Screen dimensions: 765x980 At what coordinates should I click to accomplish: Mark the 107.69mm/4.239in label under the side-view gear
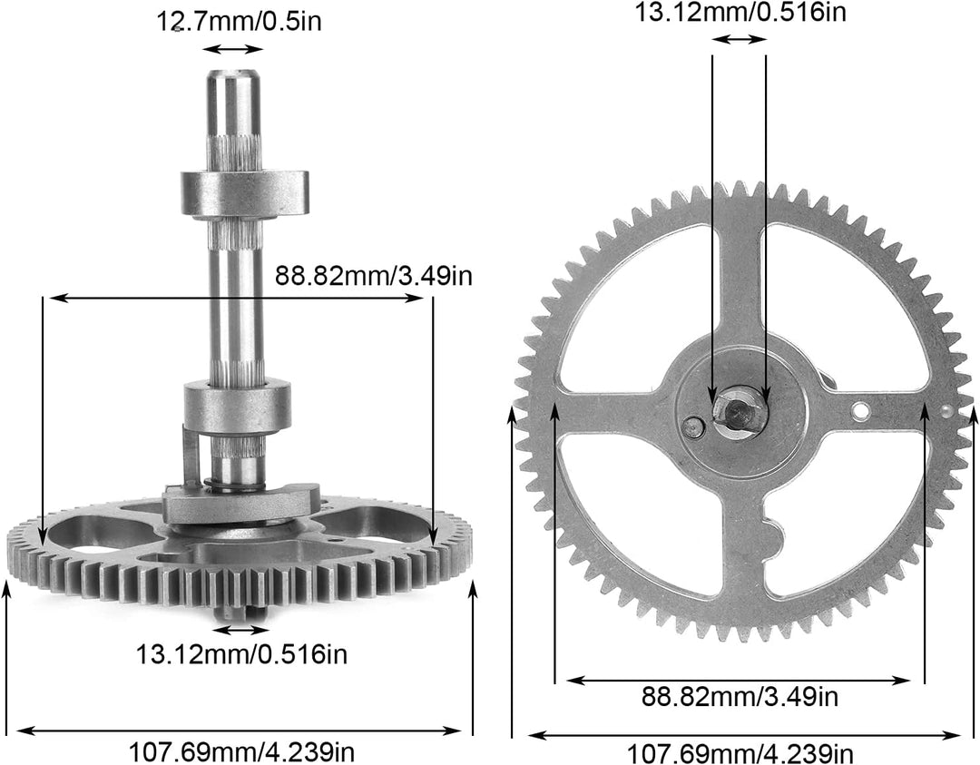click(241, 751)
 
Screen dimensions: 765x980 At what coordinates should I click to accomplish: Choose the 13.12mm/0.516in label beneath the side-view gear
click(241, 652)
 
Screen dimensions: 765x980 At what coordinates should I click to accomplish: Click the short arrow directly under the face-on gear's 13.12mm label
click(740, 39)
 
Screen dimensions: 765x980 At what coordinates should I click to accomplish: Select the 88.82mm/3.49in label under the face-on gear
click(740, 697)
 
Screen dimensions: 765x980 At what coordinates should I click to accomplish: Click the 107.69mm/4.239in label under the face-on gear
click(740, 753)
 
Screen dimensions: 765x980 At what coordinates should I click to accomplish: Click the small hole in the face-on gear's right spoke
click(859, 414)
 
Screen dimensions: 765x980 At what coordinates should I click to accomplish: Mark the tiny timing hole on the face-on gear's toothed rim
click(948, 410)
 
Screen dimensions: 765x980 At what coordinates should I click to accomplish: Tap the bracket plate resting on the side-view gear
click(240, 504)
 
